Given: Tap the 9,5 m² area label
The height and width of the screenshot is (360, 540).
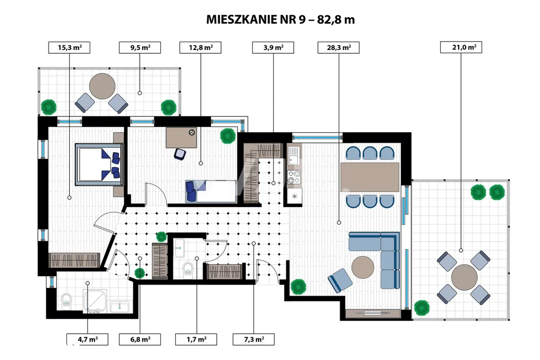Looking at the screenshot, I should pyautogui.click(x=139, y=47).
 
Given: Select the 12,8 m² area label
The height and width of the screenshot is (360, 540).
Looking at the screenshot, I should pyautogui.click(x=200, y=47).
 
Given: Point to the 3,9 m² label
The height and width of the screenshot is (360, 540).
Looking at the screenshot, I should pyautogui.click(x=273, y=47).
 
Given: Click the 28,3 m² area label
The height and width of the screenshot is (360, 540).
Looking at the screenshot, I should pyautogui.click(x=339, y=47).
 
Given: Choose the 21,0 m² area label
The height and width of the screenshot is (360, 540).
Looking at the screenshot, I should pyautogui.click(x=460, y=47).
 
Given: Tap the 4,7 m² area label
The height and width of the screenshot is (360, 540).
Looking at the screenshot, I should pyautogui.click(x=87, y=339).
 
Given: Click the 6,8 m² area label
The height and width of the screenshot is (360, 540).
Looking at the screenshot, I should pyautogui.click(x=140, y=339).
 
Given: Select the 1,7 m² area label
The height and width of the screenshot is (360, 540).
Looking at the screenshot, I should pyautogui.click(x=196, y=339).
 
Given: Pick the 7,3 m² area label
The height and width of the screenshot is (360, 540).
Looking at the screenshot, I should pyautogui.click(x=253, y=339).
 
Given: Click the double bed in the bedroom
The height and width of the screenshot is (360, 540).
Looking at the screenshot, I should pyautogui.click(x=99, y=164).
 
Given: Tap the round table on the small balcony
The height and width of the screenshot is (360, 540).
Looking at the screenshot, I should pyautogui.click(x=102, y=86).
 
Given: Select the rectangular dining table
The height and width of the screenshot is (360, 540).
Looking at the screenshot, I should pyautogui.click(x=370, y=177).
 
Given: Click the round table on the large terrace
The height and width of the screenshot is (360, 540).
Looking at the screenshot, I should pyautogui.click(x=464, y=277).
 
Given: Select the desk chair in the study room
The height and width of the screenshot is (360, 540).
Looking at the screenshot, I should pyautogui.click(x=180, y=153).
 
